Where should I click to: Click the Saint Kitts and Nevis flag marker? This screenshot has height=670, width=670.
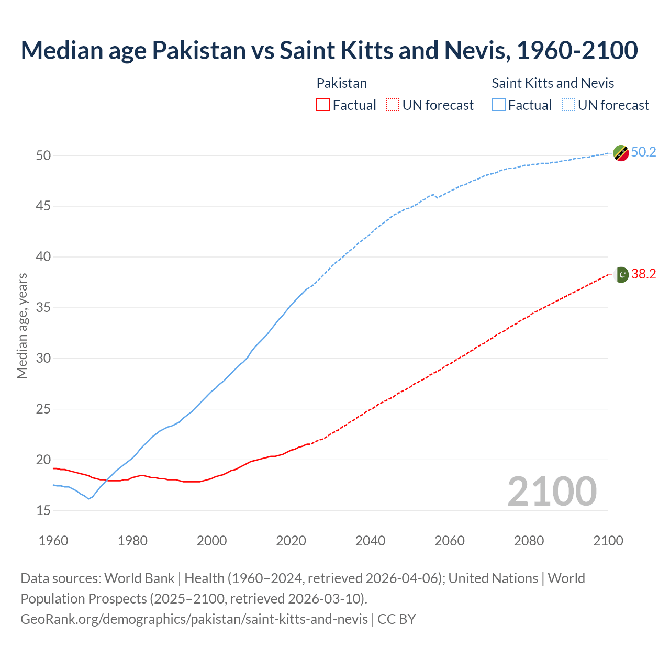pos(621,153)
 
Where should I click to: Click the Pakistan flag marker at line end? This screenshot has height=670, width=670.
pos(621,274)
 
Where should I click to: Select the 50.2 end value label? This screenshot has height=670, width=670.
pos(643,152)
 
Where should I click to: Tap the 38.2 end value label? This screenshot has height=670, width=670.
pos(643,274)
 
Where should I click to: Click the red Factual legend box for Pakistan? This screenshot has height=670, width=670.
pos(323,105)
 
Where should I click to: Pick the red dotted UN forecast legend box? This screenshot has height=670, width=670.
pos(393,105)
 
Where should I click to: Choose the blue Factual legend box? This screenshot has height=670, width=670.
pos(499,105)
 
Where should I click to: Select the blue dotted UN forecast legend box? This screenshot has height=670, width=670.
pos(568,105)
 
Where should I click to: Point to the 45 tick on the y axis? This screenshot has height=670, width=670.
pos(43,206)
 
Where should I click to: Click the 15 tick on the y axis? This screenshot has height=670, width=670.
pos(43,510)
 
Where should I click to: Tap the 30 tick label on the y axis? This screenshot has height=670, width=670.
pos(43,359)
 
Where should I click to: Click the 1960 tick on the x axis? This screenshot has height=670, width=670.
pos(53,541)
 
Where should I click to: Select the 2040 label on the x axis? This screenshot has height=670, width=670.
pos(370,541)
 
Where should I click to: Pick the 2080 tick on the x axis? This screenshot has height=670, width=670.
pos(529,541)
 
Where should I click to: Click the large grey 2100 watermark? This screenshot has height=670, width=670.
pos(552,491)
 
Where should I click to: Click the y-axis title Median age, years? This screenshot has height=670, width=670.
pos(22,326)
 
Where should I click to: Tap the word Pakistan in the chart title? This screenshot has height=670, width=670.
pos(199,50)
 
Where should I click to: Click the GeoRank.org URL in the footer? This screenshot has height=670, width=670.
pos(194,619)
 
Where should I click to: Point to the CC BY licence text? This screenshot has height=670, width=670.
pos(397,619)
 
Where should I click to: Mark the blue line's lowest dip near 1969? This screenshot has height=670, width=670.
pos(88,498)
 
